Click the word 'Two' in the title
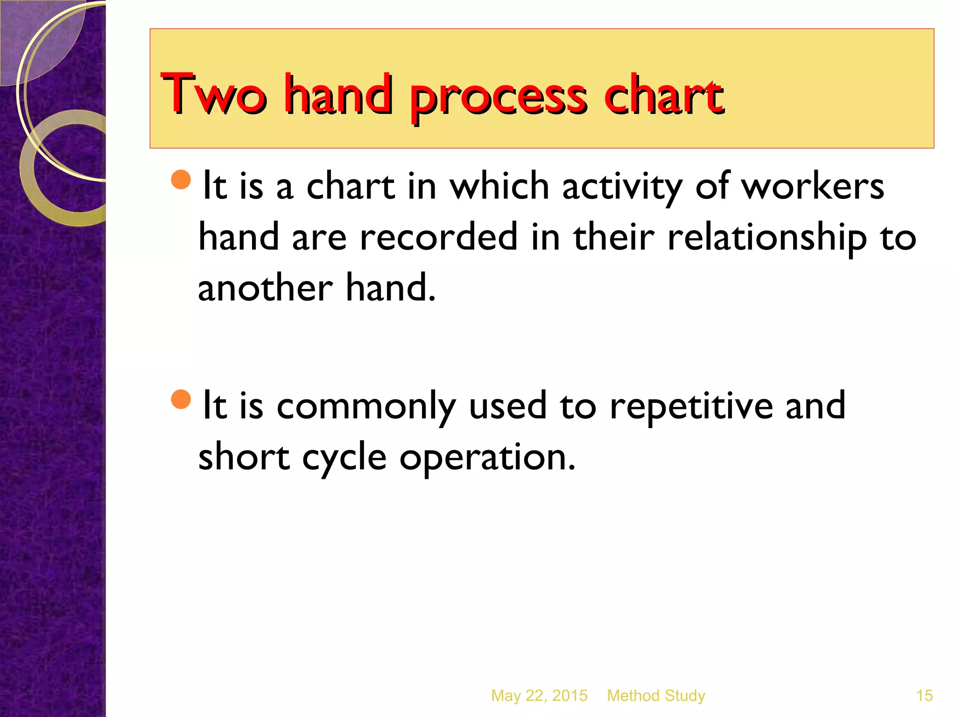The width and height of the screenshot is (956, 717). tap(214, 94)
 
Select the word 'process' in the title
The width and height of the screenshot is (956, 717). tap(498, 98)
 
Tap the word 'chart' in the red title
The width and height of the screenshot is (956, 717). tap(663, 94)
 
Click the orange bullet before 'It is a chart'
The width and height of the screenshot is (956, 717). tap(181, 179)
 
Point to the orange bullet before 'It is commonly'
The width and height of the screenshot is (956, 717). tap(181, 399)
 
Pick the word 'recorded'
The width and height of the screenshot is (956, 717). tap(439, 237)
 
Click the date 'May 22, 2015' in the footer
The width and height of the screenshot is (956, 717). tap(539, 696)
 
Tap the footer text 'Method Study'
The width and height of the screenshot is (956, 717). tap(656, 696)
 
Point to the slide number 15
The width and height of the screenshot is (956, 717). tap(924, 696)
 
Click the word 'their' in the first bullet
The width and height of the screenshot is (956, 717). tap(614, 237)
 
